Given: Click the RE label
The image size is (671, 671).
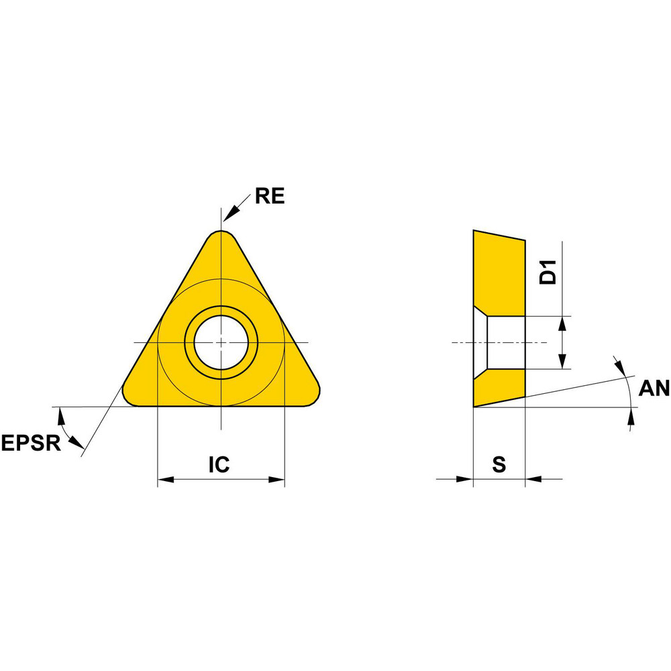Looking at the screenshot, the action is point(270,196).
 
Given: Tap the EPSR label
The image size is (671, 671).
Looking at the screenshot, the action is point(31,443).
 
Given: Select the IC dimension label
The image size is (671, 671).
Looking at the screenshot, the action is point(219,464).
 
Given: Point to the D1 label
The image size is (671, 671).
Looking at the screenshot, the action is point(548,272).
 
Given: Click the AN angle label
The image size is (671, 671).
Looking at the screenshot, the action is point(654,389).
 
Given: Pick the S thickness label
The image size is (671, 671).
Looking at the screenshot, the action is point(499,464).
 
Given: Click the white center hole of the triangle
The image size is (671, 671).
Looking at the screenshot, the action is point(221,342).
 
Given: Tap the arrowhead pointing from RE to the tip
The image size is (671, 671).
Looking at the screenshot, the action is point(229,215).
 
